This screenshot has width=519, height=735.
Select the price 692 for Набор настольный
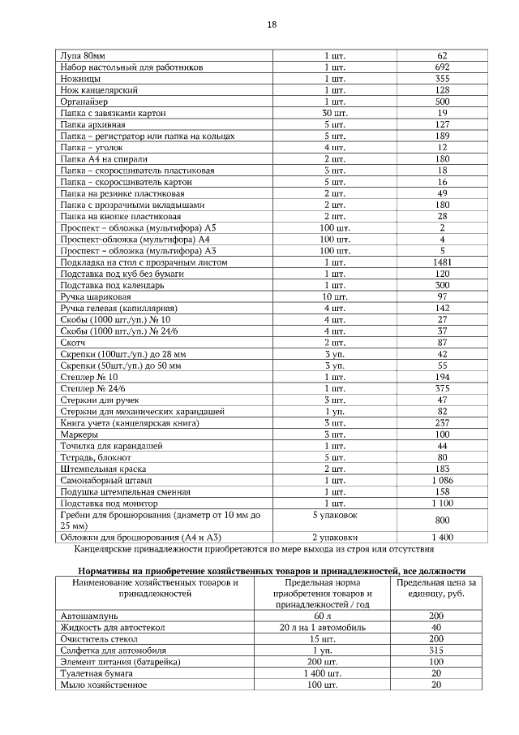tap(442, 67)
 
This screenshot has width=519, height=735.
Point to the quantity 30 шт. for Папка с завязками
tap(334, 114)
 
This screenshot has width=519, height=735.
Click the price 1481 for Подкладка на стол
tap(442, 263)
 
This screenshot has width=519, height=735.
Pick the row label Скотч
tap(74, 344)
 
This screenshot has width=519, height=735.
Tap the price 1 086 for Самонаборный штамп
tap(442, 481)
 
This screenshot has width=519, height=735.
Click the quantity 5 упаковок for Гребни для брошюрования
tap(334, 516)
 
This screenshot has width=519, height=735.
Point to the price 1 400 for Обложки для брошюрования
tap(442, 538)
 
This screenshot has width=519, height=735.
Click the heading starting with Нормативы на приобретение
tap(268, 571)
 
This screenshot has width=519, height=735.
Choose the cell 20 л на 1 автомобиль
tap(334, 628)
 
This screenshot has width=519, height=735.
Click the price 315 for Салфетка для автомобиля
tap(436, 651)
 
